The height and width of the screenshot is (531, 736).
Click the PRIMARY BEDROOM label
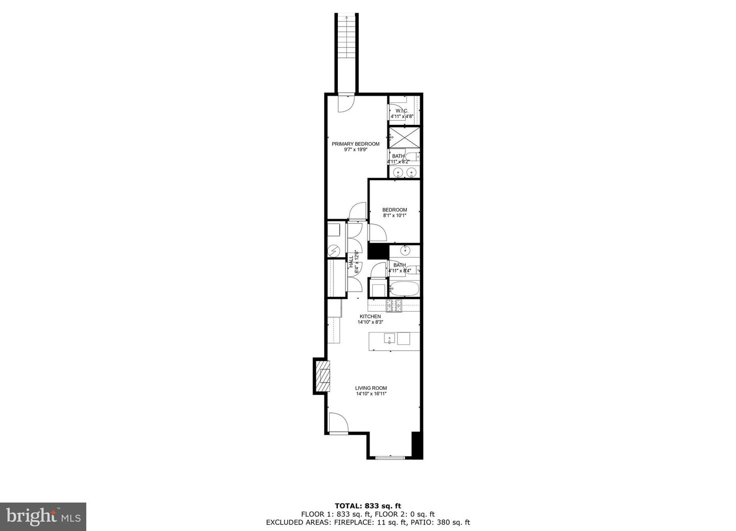[x=355, y=144]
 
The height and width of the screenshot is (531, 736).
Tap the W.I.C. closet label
[x=401, y=111]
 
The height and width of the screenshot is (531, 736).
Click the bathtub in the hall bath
[x=404, y=289]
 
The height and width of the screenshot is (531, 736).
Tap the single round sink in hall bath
[x=405, y=251]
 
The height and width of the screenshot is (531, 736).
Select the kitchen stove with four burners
[x=394, y=305]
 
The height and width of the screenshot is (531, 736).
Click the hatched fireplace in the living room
[x=323, y=377]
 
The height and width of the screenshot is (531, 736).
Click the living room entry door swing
[x=337, y=423]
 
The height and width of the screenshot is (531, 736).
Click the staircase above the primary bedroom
[x=346, y=51]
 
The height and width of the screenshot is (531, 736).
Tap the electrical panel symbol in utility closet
[x=334, y=251]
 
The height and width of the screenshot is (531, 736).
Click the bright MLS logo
[x=43, y=516]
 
